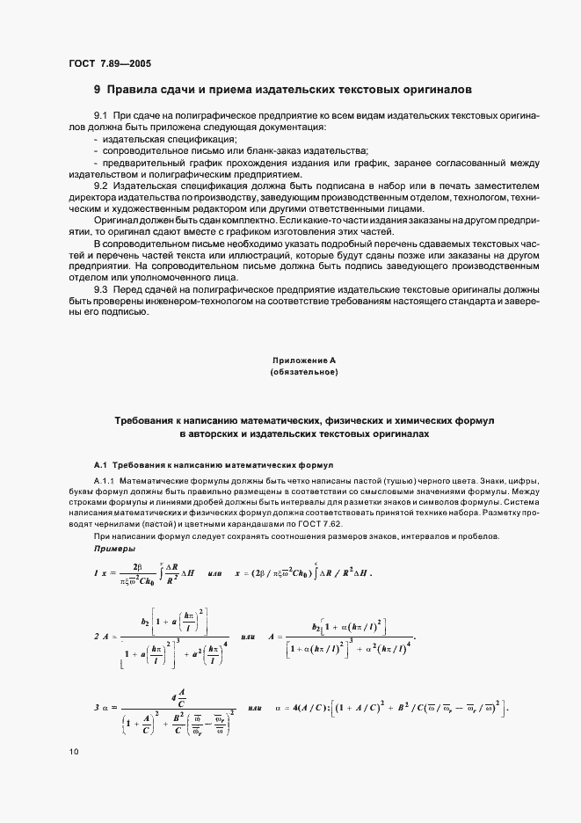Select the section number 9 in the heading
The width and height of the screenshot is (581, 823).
point(98,90)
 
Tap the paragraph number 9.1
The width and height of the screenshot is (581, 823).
point(100,117)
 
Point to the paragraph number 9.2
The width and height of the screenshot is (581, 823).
point(100,187)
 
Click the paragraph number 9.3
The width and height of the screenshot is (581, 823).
point(100,289)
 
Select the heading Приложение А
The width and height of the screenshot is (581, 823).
point(304,361)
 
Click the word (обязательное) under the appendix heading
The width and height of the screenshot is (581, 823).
point(304,373)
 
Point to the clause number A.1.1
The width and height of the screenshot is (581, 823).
point(105,482)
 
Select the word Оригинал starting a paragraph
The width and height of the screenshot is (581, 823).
point(116,222)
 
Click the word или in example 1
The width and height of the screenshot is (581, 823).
point(213,573)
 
